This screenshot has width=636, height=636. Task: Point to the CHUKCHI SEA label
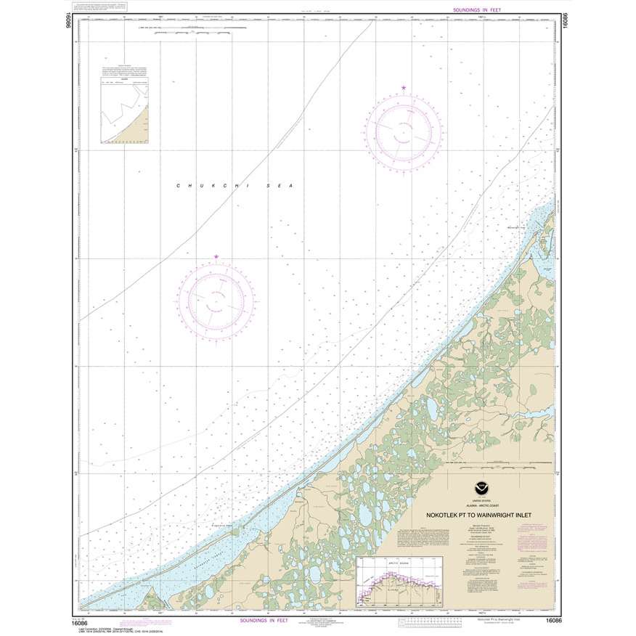click(x=233, y=186)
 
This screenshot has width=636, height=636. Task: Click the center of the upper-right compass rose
click(x=404, y=129)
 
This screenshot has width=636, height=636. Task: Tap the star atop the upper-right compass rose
click(x=404, y=89)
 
